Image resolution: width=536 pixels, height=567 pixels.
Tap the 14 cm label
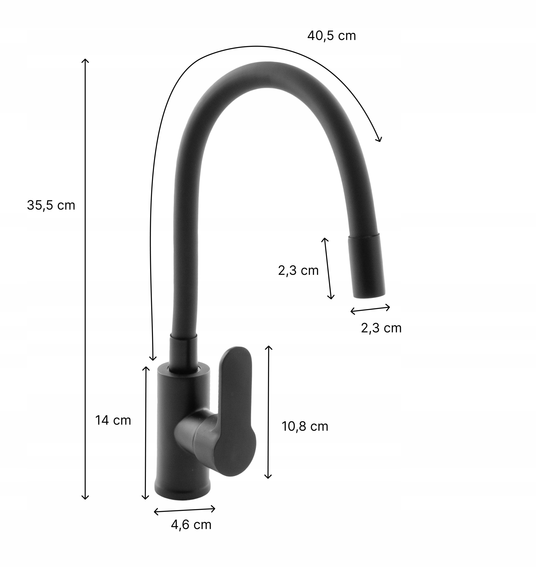pos(113,420)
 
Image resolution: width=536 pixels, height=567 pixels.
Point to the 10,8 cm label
pos(305,427)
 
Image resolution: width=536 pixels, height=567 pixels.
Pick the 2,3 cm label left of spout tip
pos(298,270)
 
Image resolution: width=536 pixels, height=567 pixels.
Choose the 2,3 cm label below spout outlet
pos(381,328)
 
